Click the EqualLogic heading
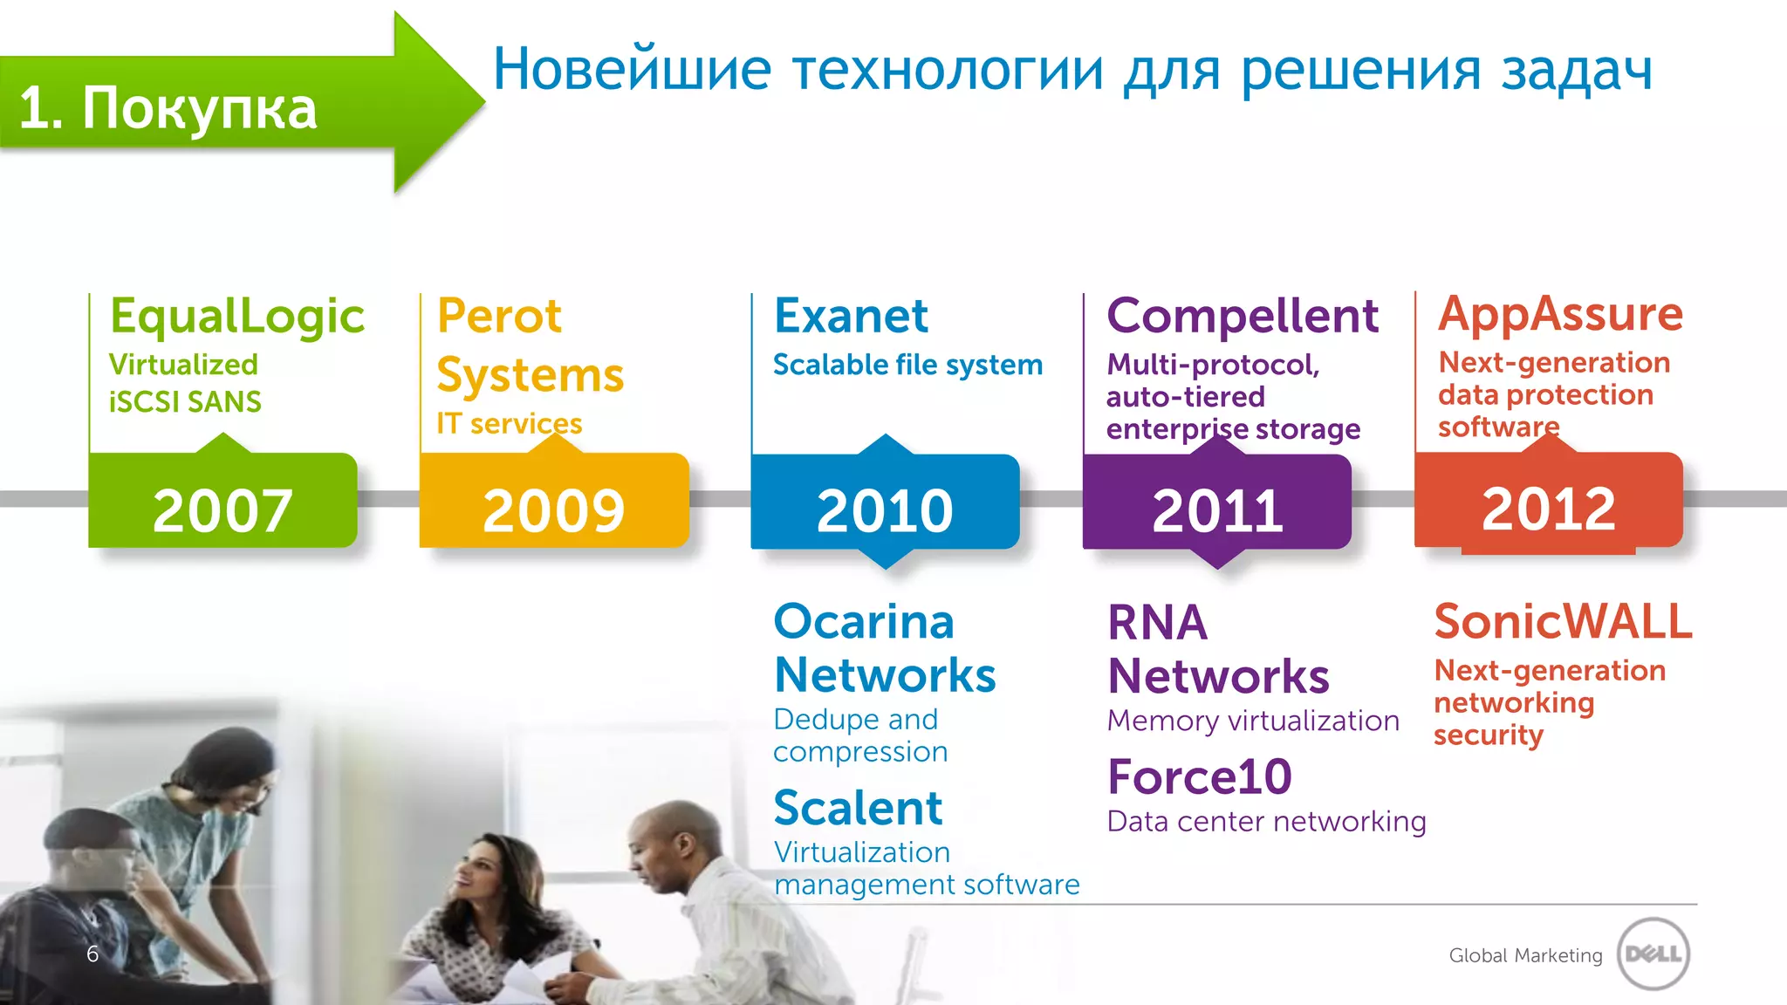(237, 317)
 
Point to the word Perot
(499, 316)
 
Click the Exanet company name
(851, 316)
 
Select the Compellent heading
(1243, 316)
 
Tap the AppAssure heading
(1560, 314)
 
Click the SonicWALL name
(1563, 622)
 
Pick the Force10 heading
(1199, 777)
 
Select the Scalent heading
(858, 808)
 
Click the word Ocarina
(864, 622)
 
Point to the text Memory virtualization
(1253, 721)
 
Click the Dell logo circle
(1653, 954)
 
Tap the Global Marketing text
(1525, 955)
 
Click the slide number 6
(92, 954)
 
